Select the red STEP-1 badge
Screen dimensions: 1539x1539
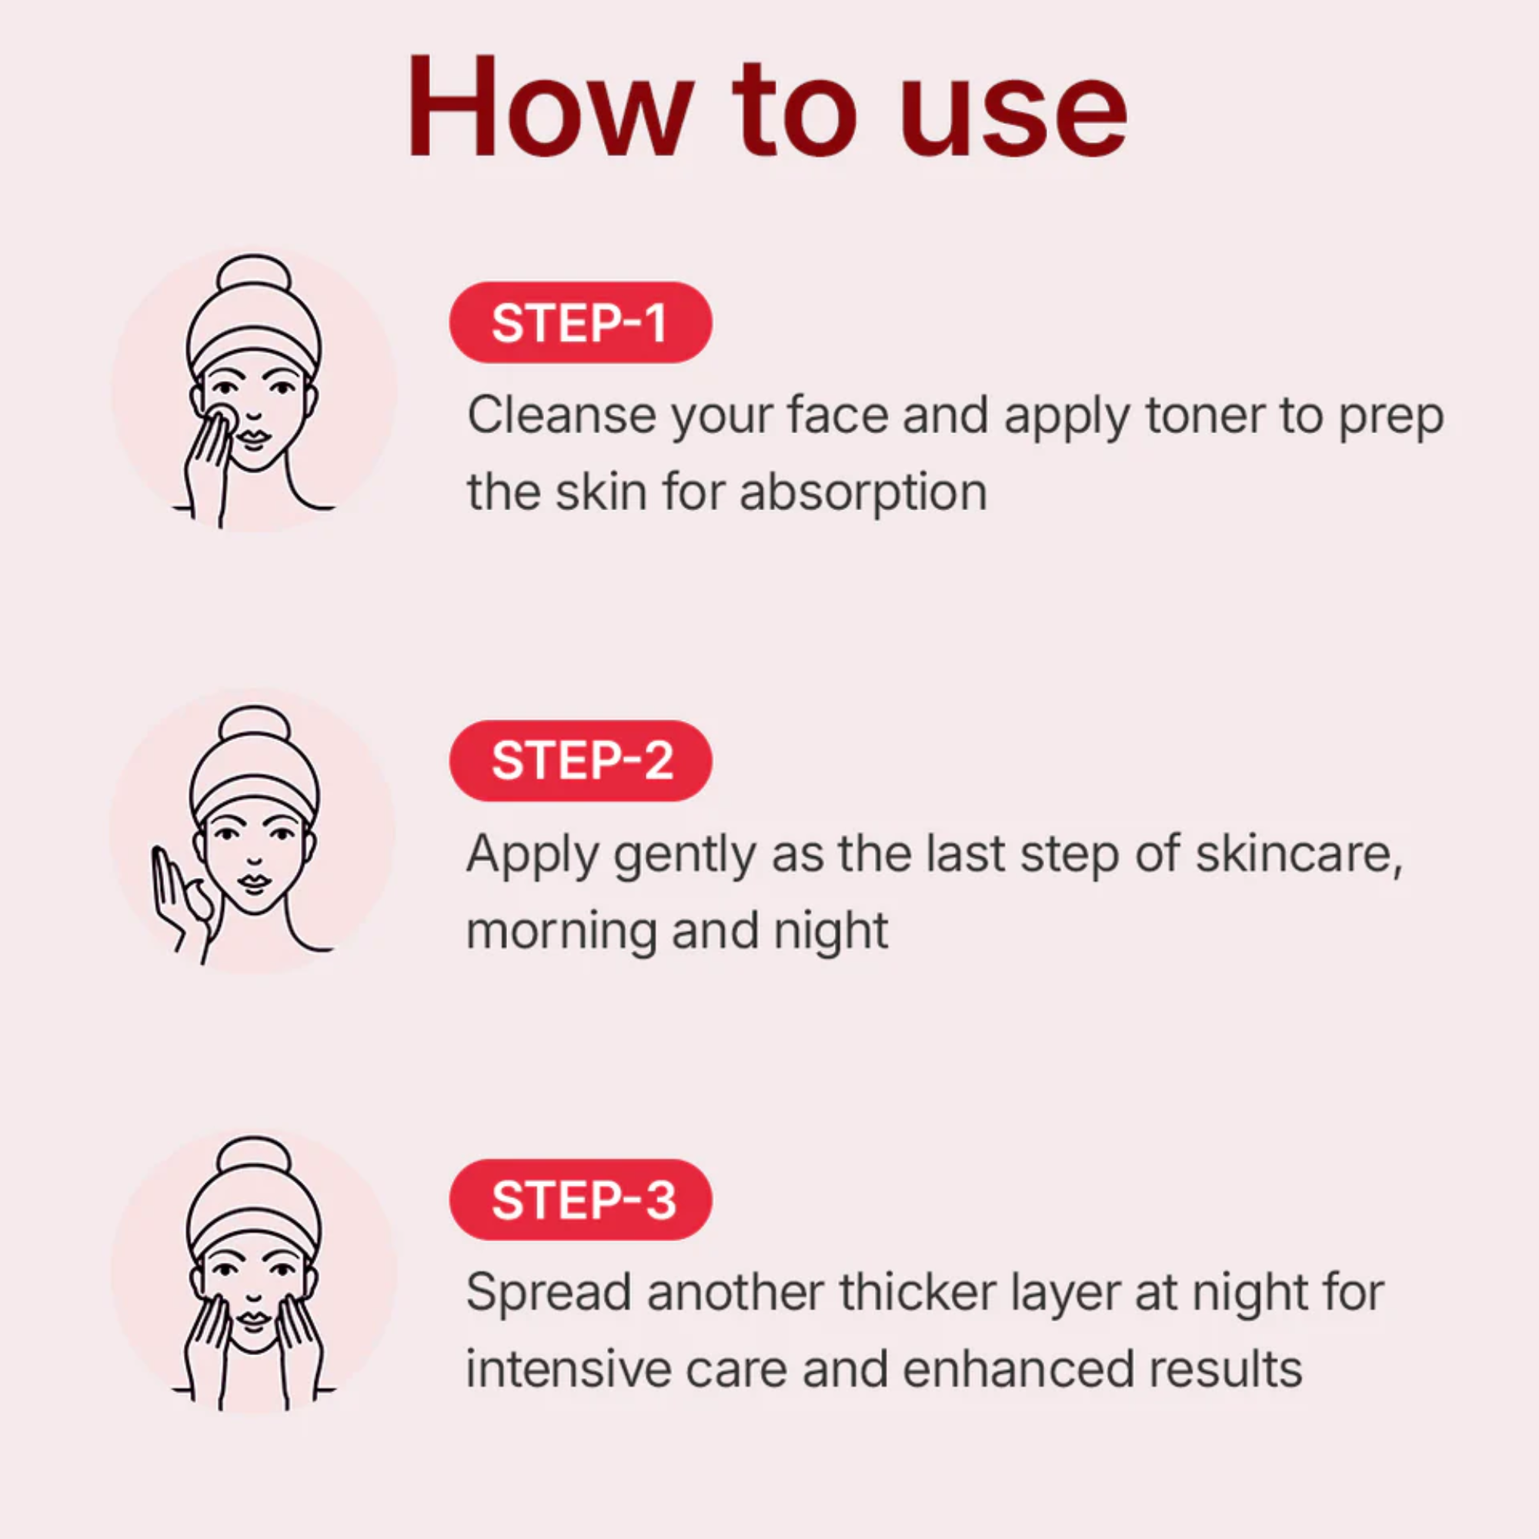click(x=581, y=322)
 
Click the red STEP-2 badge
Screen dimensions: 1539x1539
click(x=581, y=761)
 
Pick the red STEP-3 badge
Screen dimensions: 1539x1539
click(x=581, y=1200)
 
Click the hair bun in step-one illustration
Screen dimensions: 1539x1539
click(x=253, y=275)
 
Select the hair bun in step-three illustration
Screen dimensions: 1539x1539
click(x=253, y=1157)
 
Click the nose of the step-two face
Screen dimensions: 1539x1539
click(x=254, y=859)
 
